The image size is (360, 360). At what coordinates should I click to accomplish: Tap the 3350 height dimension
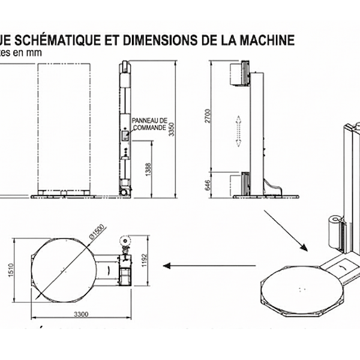point(172,127)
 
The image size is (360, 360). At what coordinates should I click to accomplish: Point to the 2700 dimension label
point(209,116)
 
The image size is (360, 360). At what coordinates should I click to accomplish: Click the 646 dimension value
point(208,184)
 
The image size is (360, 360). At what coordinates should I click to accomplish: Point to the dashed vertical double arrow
point(239,131)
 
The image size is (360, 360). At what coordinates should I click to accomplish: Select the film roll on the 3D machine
point(333,231)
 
